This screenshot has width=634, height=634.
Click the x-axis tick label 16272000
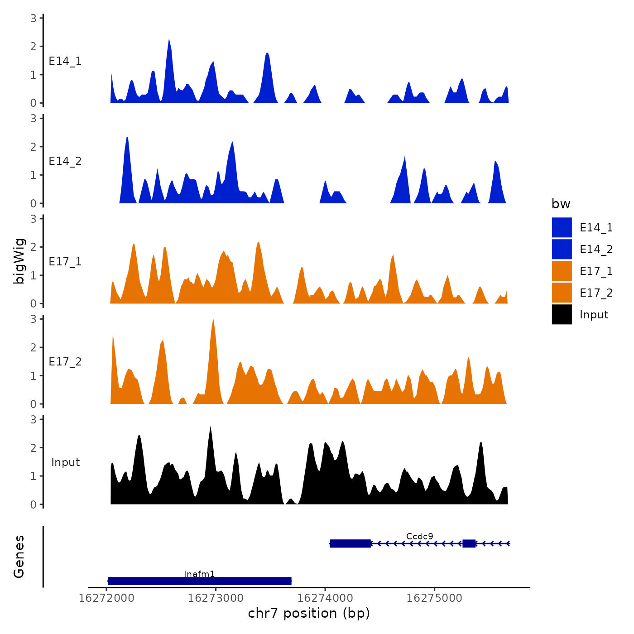[x=106, y=598]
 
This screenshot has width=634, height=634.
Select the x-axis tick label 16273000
[x=216, y=598]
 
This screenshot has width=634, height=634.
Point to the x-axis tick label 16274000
[x=325, y=598]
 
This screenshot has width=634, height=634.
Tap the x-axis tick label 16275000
[x=434, y=598]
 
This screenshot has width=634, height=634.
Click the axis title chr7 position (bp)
[x=309, y=614]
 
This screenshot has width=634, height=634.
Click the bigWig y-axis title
[x=19, y=261]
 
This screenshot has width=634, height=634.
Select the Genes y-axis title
[x=19, y=557]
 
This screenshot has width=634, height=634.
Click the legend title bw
[x=561, y=204]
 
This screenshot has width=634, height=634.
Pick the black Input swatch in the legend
[x=562, y=315]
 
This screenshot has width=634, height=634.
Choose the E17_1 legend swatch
[x=562, y=271]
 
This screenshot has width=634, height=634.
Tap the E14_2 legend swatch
[x=562, y=250]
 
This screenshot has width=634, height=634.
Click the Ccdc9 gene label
[x=419, y=537]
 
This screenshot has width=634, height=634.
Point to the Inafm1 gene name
[x=199, y=574]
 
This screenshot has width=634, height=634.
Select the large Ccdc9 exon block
[x=350, y=543]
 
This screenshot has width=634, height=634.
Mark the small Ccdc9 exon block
[x=469, y=543]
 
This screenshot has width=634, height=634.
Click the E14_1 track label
[x=65, y=61]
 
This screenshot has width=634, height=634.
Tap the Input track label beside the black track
[x=65, y=462]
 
